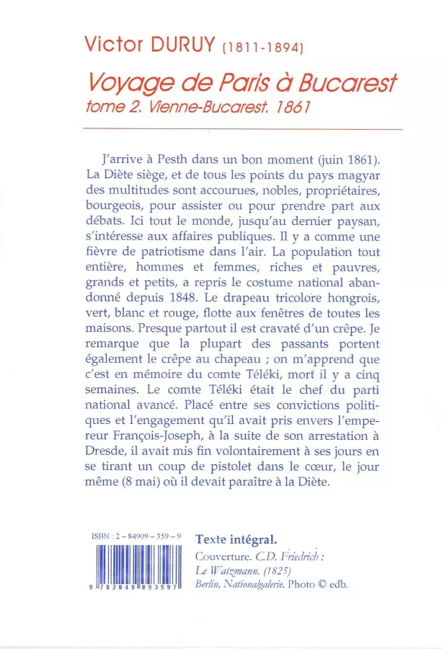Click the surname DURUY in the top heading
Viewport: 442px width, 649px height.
tap(180, 45)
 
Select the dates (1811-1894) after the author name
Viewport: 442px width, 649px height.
tap(262, 48)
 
